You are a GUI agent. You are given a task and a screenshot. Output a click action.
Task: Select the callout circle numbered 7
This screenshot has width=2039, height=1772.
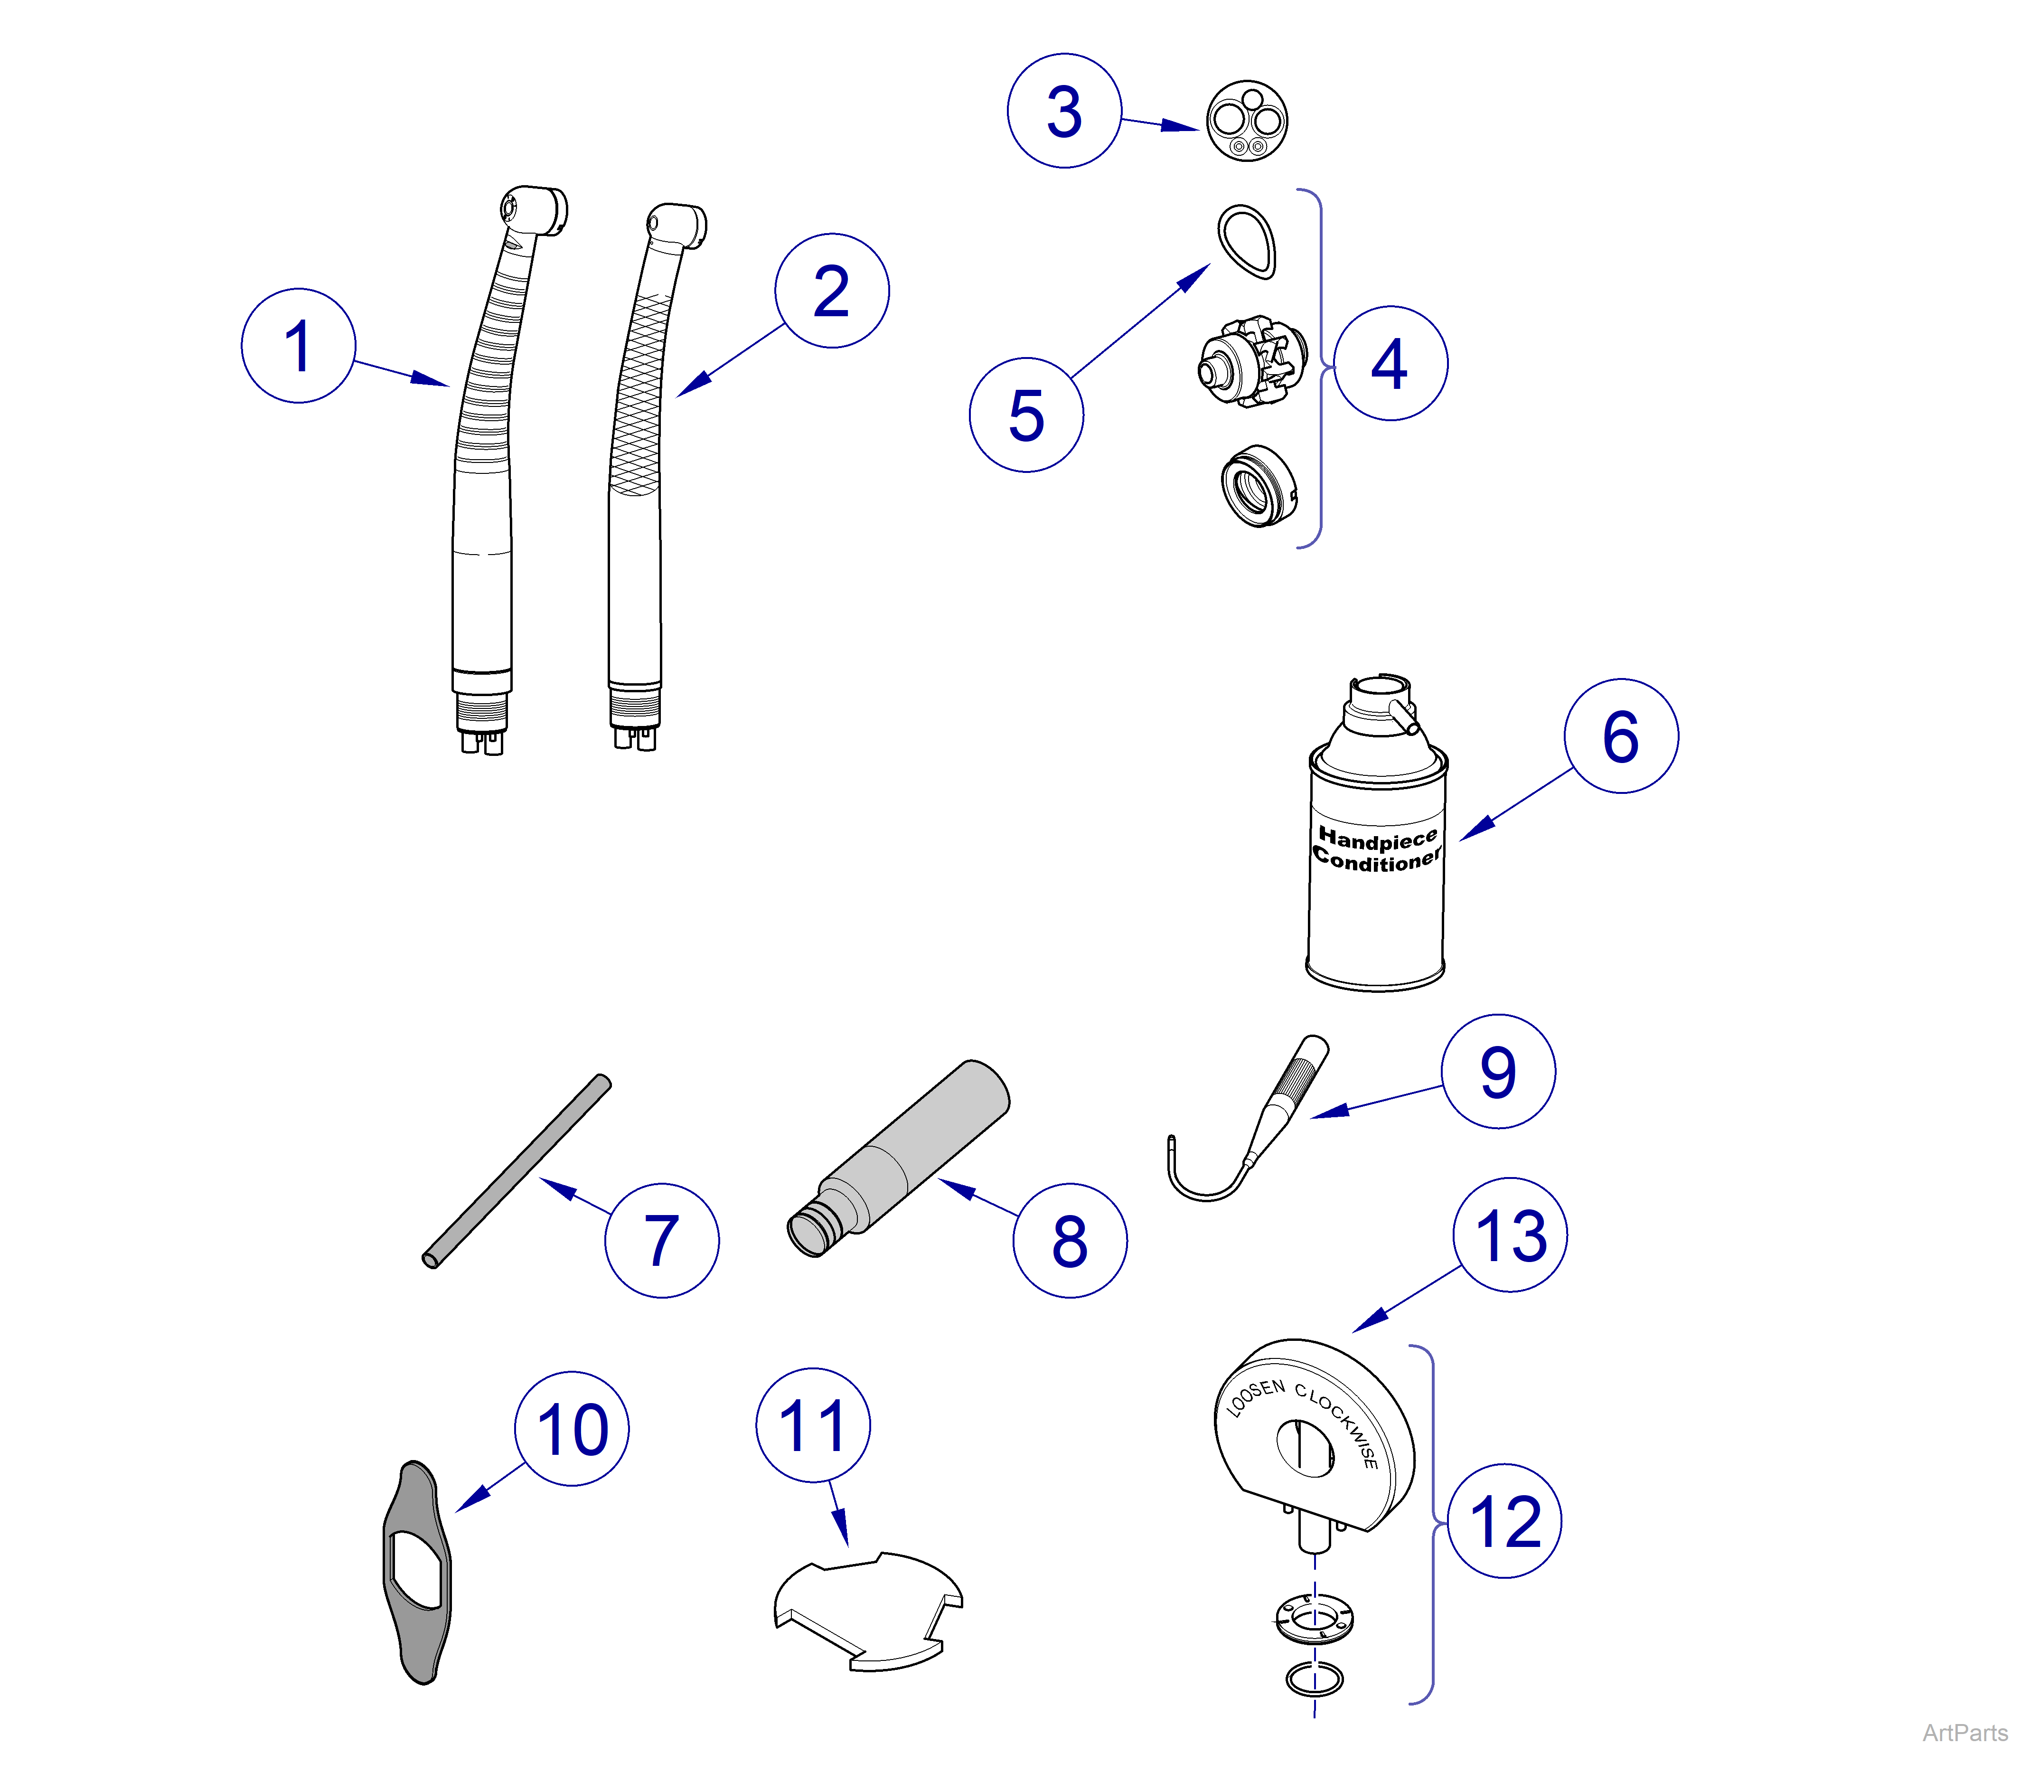[661, 1240]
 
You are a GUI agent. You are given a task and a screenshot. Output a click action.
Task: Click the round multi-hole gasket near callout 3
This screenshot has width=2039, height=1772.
[1247, 121]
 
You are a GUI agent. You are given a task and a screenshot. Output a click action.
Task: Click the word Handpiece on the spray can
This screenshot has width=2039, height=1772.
[1378, 839]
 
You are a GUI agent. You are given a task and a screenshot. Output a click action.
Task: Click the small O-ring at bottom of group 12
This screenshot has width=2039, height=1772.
[1314, 1678]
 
